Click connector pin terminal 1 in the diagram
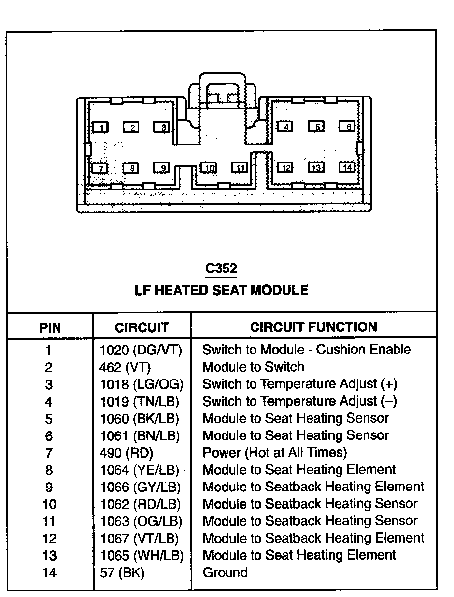point(101,128)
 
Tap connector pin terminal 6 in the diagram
point(347,127)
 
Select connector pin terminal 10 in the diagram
point(209,168)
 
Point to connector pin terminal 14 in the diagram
point(347,167)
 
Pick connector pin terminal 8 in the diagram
point(131,168)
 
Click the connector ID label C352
point(221,268)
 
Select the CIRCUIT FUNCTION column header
point(313,327)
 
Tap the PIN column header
point(50,327)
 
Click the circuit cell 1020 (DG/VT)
point(141,350)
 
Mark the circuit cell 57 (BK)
point(122,572)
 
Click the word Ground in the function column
point(225,572)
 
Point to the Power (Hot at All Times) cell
point(275,452)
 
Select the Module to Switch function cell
point(253,367)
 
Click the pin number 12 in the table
point(50,539)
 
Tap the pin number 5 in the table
point(49,419)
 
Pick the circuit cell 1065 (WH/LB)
point(142,555)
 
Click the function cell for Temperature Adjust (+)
point(300,384)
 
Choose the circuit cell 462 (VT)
point(125,367)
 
